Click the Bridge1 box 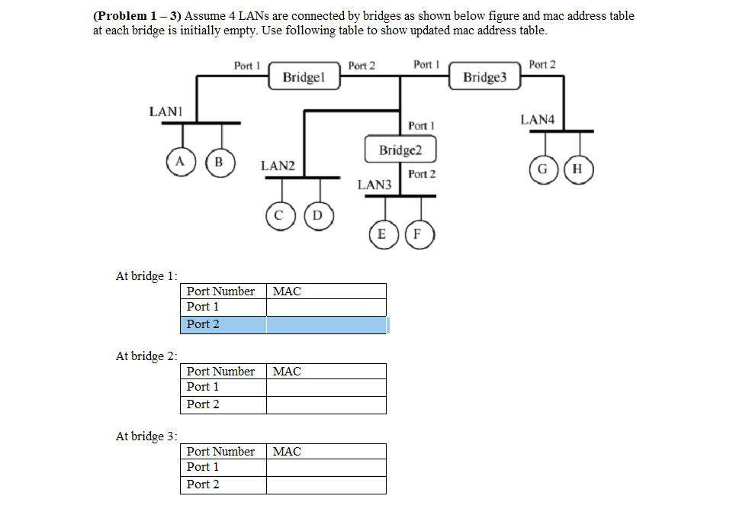point(304,78)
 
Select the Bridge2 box point(400,150)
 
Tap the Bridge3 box point(484,78)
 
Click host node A point(179,161)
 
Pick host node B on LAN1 point(219,161)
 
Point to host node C point(279,215)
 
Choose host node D point(318,215)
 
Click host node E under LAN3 point(381,234)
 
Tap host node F point(418,234)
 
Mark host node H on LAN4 point(578,169)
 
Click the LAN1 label point(164,111)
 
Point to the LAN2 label point(278,166)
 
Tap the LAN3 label point(374,185)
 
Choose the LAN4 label point(538,120)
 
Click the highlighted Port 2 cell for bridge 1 point(203,324)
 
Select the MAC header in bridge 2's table point(287,372)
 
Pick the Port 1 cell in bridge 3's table point(203,467)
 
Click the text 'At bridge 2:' point(146,356)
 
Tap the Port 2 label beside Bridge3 point(542,65)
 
